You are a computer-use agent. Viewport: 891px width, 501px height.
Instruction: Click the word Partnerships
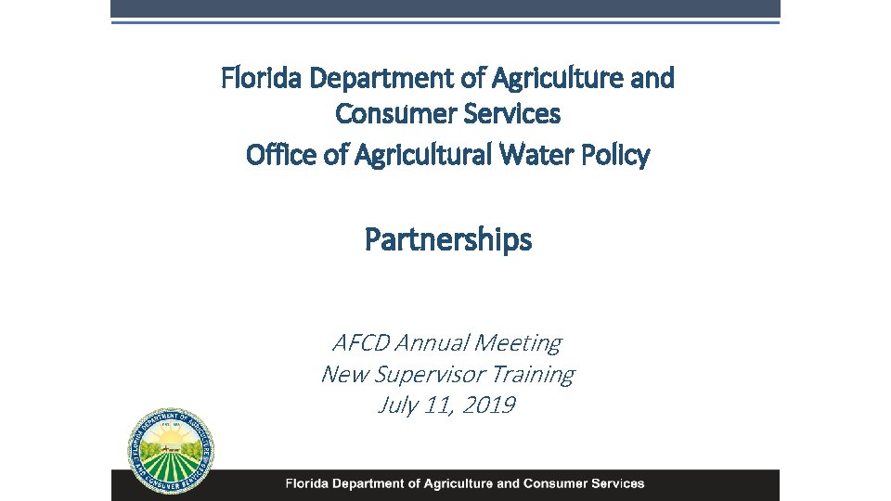tap(448, 240)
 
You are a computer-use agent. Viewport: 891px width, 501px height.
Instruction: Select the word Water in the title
tap(540, 154)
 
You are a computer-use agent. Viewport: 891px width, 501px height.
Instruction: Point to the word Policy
tap(614, 154)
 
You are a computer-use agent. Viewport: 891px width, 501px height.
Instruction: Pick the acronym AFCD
tap(360, 343)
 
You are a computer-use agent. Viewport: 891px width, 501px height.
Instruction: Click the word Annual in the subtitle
tap(432, 343)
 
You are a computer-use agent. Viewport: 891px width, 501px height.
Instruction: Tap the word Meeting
tap(518, 343)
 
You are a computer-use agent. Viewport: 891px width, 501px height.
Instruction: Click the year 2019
tap(487, 405)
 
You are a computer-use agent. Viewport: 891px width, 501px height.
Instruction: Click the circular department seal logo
tap(172, 451)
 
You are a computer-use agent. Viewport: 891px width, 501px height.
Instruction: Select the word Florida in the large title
tap(263, 79)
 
